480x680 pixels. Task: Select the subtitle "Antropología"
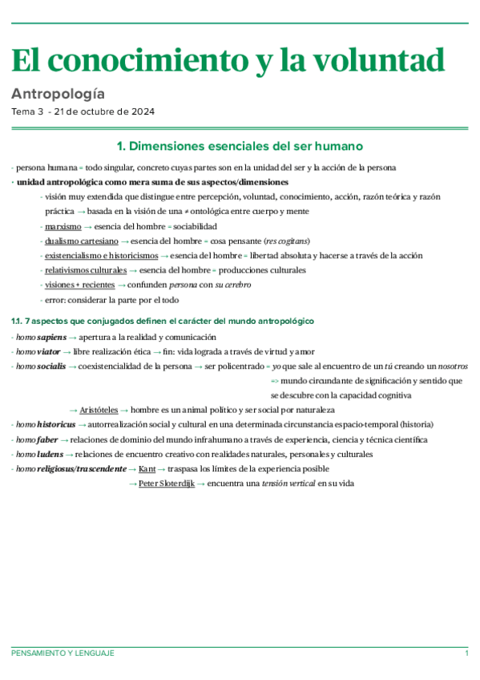[58, 94]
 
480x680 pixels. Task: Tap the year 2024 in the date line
[141, 111]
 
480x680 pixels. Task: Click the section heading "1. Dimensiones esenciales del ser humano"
[240, 147]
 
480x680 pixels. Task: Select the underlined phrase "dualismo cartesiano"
[82, 241]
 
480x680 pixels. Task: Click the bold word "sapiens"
[52, 338]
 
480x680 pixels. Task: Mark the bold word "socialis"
[51, 366]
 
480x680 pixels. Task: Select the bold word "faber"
[47, 439]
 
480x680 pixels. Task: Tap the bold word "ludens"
[50, 454]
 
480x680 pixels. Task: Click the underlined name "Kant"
[147, 468]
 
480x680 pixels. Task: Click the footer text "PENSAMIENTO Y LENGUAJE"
[63, 654]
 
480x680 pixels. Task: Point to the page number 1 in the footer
[466, 654]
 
